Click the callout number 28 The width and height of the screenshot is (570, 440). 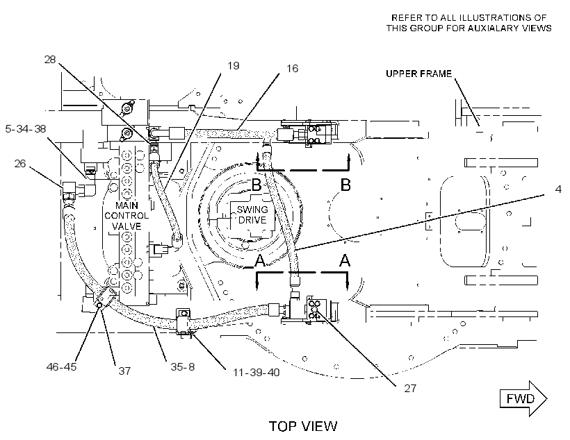pyautogui.click(x=50, y=59)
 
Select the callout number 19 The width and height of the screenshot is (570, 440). pyautogui.click(x=234, y=66)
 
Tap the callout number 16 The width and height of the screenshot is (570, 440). pyautogui.click(x=292, y=68)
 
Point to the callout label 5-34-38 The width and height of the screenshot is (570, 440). pyautogui.click(x=26, y=129)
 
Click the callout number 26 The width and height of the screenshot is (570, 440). pyautogui.click(x=20, y=164)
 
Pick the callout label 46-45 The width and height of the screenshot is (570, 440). pyautogui.click(x=61, y=366)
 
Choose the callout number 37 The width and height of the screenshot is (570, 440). pyautogui.click(x=124, y=371)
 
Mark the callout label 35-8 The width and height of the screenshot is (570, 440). pyautogui.click(x=183, y=366)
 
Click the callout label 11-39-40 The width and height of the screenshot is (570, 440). pyautogui.click(x=256, y=373)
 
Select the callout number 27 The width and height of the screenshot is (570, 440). pyautogui.click(x=410, y=389)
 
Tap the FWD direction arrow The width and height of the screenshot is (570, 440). pyautogui.click(x=523, y=398)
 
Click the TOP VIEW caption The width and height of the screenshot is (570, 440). pyautogui.click(x=303, y=426)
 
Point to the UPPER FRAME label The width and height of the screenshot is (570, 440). pyautogui.click(x=418, y=74)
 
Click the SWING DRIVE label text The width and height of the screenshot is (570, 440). pyautogui.click(x=252, y=214)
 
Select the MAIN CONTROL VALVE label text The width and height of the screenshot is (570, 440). pyautogui.click(x=127, y=216)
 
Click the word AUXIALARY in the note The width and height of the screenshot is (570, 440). pyautogui.click(x=491, y=28)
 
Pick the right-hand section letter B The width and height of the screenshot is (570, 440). pyautogui.click(x=345, y=185)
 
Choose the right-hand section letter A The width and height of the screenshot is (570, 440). pyautogui.click(x=345, y=260)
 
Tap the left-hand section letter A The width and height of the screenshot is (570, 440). pyautogui.click(x=259, y=260)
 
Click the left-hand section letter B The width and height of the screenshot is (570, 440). pyautogui.click(x=256, y=185)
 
